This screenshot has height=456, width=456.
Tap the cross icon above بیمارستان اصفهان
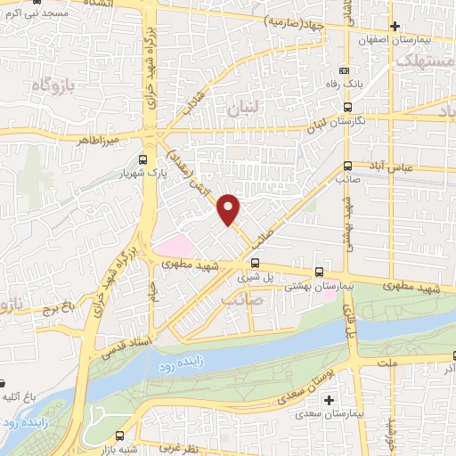coord(394,26)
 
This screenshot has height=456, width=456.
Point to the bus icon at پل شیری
coord(256,263)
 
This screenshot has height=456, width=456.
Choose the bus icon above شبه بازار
coord(120,436)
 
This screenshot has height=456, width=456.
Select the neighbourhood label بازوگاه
coord(48,85)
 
